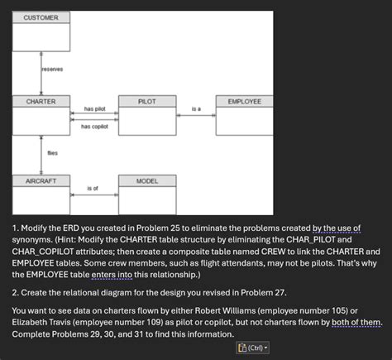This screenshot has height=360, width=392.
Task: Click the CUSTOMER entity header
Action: (x=41, y=17)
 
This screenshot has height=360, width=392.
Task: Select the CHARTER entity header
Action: (x=41, y=101)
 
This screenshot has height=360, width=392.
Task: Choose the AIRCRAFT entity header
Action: (x=41, y=180)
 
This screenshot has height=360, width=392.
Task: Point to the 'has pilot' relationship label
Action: (x=94, y=109)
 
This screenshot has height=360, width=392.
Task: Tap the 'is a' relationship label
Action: (x=196, y=109)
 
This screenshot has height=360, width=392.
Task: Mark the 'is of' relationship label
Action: (x=92, y=189)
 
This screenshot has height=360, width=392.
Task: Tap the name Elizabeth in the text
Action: (x=35, y=323)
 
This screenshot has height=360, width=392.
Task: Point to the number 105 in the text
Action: (x=341, y=310)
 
